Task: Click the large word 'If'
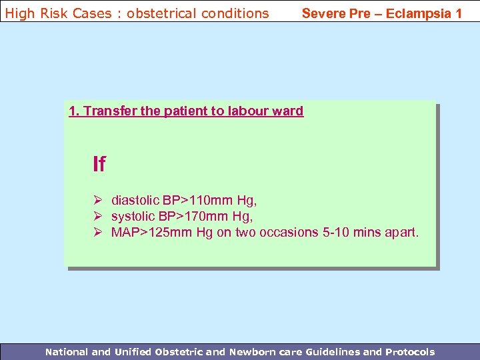click(99, 164)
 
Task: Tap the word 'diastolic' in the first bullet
click(135, 200)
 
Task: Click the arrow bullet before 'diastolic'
click(97, 200)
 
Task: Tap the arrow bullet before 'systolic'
click(97, 216)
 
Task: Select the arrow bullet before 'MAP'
click(97, 232)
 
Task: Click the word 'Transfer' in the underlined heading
click(110, 111)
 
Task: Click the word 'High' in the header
click(19, 13)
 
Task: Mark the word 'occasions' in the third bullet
click(293, 232)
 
